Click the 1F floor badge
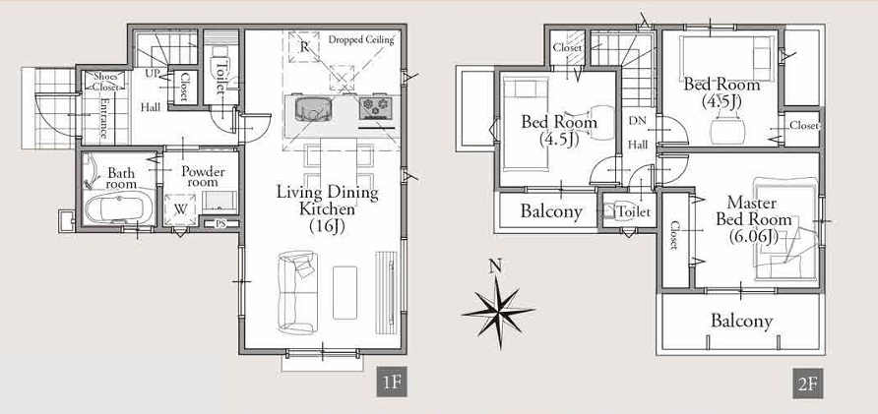click(x=392, y=383)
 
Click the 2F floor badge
click(x=807, y=384)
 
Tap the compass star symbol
click(x=498, y=312)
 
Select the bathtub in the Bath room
click(x=119, y=207)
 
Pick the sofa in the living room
click(x=297, y=293)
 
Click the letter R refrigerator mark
click(x=304, y=47)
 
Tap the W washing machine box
click(x=180, y=209)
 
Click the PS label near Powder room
click(x=220, y=224)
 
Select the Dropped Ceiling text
click(x=361, y=39)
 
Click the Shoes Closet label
click(x=105, y=82)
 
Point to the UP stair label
click(x=153, y=74)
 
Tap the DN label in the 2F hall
click(x=637, y=121)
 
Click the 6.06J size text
click(x=754, y=237)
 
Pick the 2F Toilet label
click(x=633, y=212)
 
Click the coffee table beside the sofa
click(x=345, y=293)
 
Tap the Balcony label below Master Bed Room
click(x=742, y=322)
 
